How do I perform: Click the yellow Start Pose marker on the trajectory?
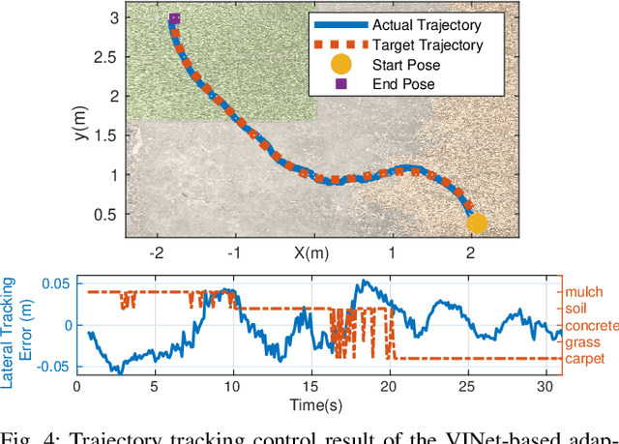(x=477, y=223)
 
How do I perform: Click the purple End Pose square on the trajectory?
(x=174, y=18)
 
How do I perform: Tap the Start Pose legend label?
(x=405, y=65)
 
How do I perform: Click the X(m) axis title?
(x=311, y=252)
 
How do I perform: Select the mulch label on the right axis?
(x=585, y=290)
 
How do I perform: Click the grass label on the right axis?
(x=584, y=341)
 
